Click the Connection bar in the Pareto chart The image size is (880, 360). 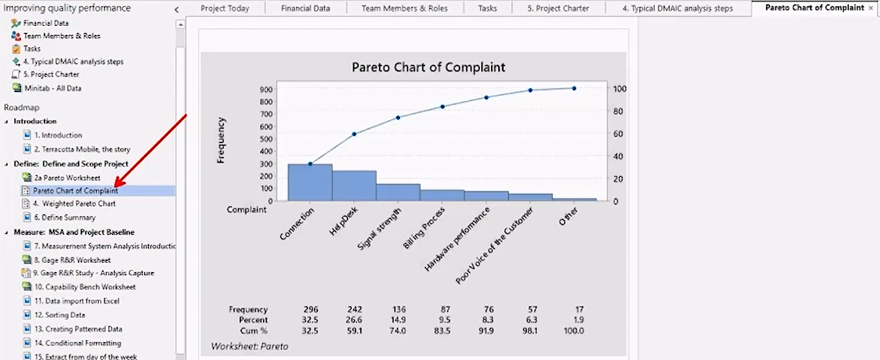310,182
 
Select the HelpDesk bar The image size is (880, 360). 354,186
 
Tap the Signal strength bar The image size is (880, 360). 398,192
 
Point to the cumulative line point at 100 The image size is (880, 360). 574,88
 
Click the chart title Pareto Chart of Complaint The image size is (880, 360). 429,67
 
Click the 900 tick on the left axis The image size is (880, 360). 266,89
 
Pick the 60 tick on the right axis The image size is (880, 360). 619,134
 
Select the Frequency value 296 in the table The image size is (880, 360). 310,309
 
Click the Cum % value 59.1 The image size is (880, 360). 354,331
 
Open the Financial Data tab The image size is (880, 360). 305,9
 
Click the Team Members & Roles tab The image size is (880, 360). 404,9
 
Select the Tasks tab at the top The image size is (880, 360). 487,9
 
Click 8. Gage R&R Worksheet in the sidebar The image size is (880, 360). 72,260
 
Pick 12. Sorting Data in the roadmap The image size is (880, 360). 59,315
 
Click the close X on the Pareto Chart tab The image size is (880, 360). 871,8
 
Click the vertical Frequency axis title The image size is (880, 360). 221,140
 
